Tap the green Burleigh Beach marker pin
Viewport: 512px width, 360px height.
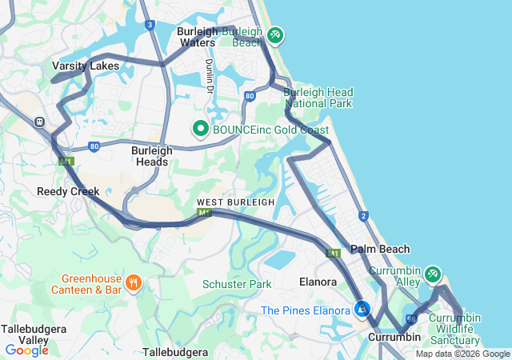coord(274,35)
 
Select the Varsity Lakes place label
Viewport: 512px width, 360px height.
coord(86,66)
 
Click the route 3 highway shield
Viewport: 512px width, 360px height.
coord(150,25)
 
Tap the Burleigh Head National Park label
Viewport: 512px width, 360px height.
coord(318,98)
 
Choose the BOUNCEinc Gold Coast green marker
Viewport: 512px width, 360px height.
coord(199,129)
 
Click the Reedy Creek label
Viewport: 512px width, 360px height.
coord(68,191)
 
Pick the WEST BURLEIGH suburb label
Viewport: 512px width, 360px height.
coord(235,202)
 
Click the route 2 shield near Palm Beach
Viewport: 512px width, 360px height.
coord(363,216)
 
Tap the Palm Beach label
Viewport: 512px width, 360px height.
coord(380,249)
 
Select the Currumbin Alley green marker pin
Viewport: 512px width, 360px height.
coord(432,274)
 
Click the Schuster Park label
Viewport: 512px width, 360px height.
coord(237,284)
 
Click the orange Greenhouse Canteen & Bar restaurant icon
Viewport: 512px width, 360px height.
coord(134,282)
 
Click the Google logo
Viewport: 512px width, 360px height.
coord(26,350)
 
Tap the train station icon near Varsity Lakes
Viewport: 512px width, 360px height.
coord(38,122)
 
